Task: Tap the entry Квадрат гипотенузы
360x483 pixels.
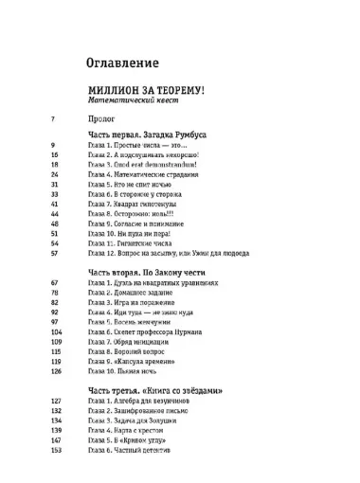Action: [x=140, y=205]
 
